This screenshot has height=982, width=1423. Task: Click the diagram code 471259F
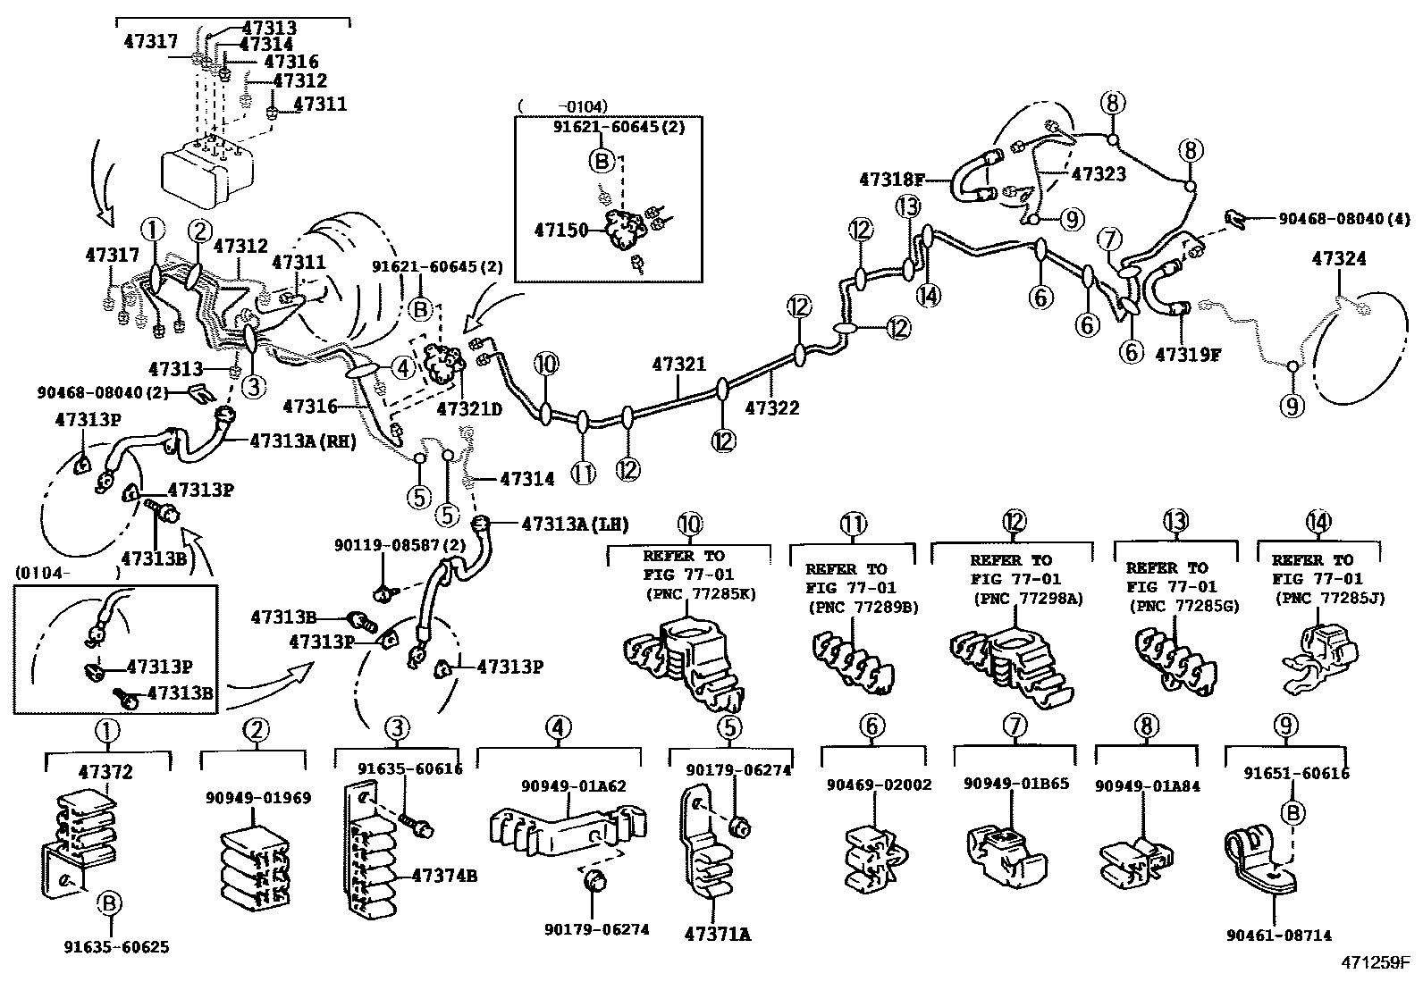coord(1374,963)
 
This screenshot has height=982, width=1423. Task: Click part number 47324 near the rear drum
coord(1338,259)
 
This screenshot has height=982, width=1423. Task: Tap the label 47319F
coord(1187,354)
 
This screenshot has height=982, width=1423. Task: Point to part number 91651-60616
coord(1296,774)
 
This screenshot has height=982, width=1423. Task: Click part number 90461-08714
coord(1279,936)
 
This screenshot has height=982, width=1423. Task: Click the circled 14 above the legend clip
coord(1318,522)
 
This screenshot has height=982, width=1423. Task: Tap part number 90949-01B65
coord(1015,784)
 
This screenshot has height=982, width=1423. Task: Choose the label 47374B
coord(443,876)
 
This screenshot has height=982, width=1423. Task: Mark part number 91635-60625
coord(116,947)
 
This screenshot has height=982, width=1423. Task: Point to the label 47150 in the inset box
coord(561,231)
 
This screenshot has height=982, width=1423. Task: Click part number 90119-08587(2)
coord(384,544)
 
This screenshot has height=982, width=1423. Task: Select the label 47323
coord(1099,173)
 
